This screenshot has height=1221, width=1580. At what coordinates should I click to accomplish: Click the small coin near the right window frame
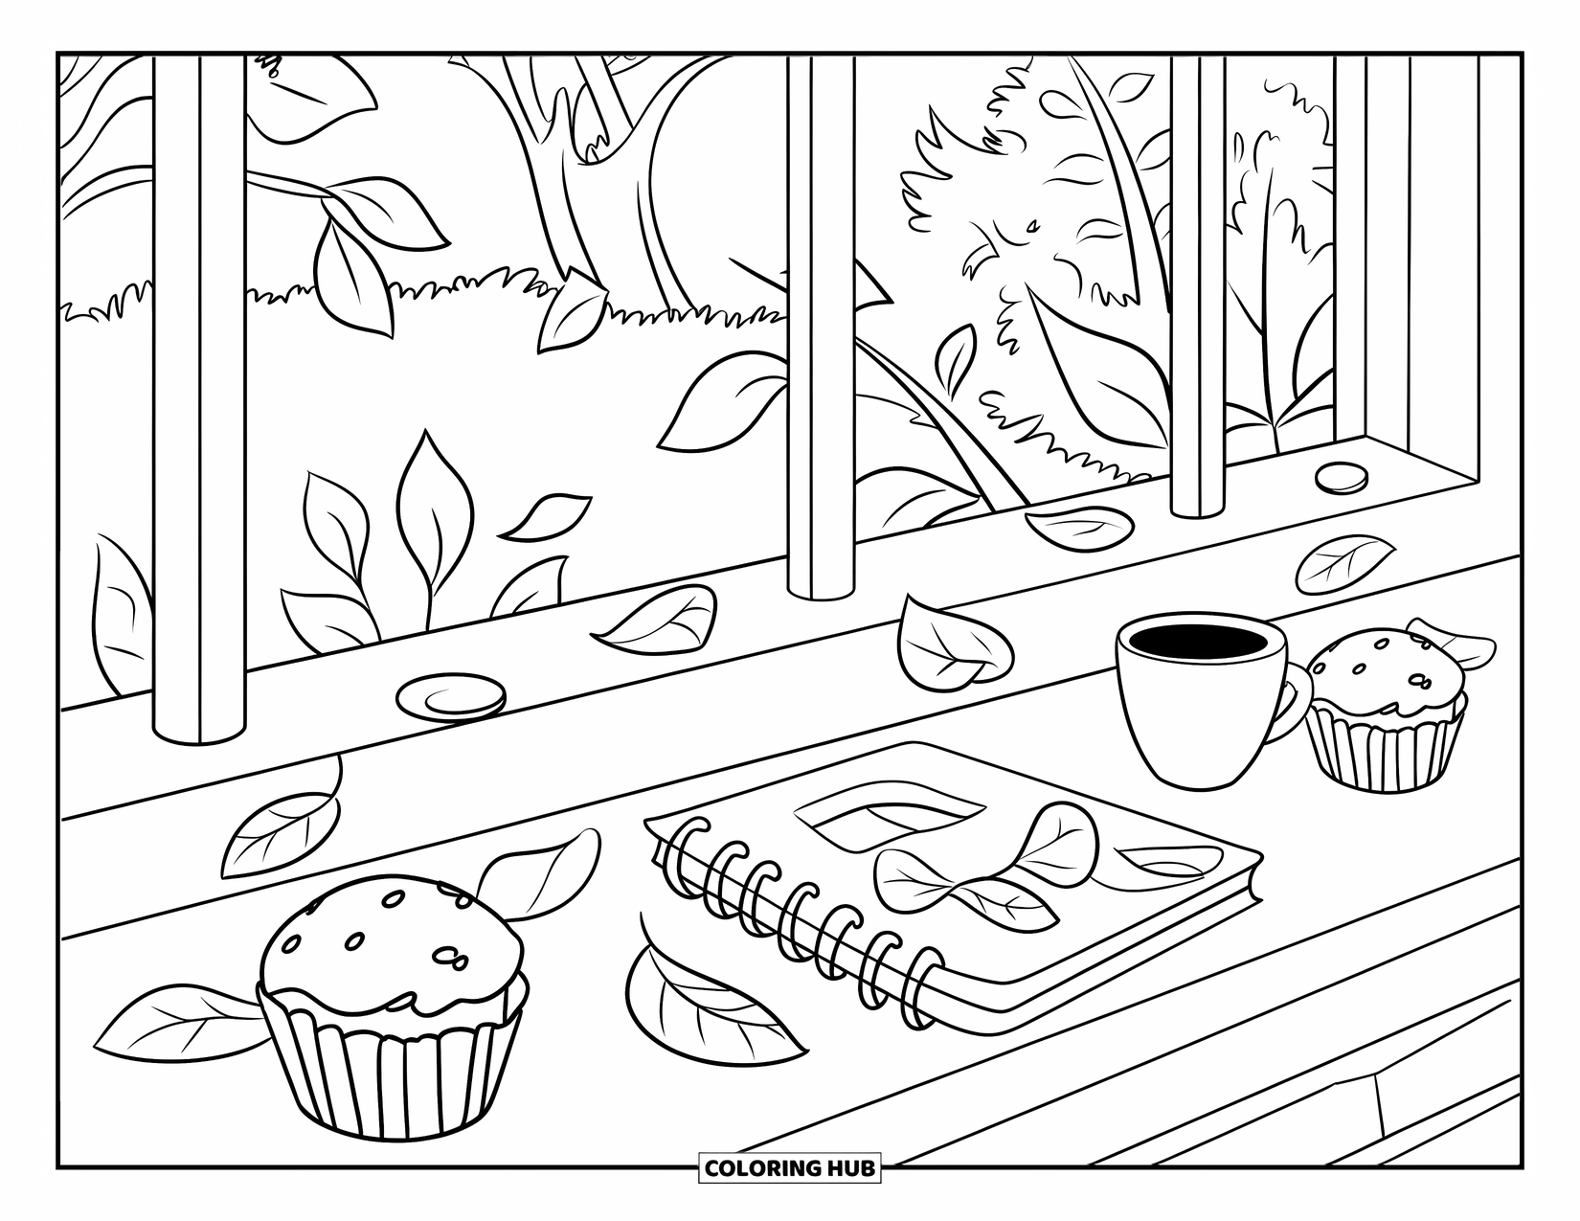(1342, 478)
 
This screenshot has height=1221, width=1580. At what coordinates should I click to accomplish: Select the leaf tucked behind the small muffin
(1460, 645)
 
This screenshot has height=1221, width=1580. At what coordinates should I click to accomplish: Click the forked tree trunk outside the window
(594, 192)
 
